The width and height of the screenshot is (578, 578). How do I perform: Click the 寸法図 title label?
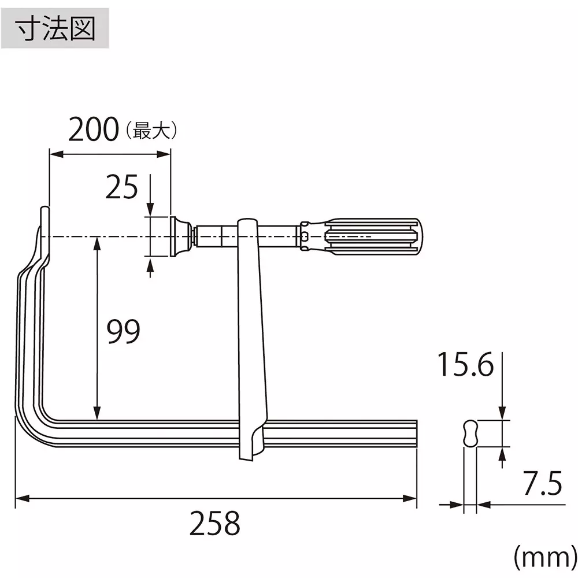click(55, 27)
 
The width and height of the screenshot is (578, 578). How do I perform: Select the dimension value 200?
click(92, 130)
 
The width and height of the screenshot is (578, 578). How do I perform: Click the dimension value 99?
click(124, 332)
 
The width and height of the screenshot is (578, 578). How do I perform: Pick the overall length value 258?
click(214, 523)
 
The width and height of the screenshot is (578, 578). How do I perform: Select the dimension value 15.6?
click(465, 365)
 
